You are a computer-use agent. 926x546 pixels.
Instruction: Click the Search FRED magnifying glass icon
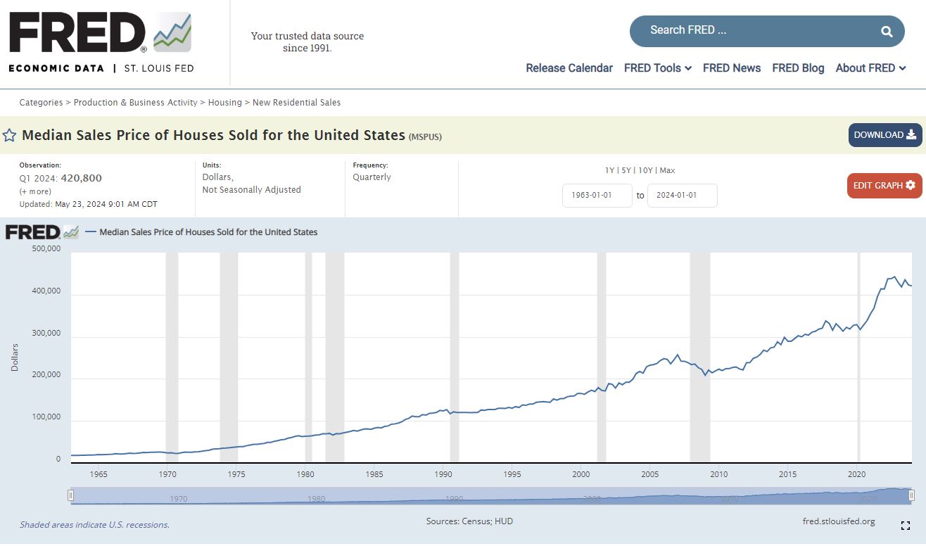tap(887, 31)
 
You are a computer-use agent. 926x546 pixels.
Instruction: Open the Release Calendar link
tap(569, 68)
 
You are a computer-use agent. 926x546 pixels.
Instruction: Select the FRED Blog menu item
tap(798, 68)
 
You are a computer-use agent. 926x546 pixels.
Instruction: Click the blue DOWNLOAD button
tap(884, 135)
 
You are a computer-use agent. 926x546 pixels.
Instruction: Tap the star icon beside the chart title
tap(10, 135)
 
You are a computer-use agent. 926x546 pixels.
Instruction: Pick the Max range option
tap(667, 170)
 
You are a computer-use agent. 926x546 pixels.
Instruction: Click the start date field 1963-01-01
tap(597, 196)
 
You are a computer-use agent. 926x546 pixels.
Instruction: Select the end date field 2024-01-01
tap(682, 196)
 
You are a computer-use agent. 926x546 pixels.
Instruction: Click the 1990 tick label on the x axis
tap(443, 474)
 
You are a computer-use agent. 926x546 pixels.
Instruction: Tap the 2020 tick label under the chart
tap(857, 474)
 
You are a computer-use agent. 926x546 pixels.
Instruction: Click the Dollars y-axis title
tap(15, 357)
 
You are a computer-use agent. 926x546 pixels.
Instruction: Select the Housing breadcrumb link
tap(225, 103)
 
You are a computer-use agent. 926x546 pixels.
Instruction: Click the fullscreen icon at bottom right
tap(906, 526)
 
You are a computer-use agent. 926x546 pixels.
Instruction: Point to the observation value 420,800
tap(82, 179)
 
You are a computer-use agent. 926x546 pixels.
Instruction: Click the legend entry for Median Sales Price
tap(208, 232)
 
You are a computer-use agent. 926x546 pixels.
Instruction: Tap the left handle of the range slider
tap(70, 495)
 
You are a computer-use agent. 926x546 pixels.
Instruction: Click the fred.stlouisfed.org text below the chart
tap(839, 521)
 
